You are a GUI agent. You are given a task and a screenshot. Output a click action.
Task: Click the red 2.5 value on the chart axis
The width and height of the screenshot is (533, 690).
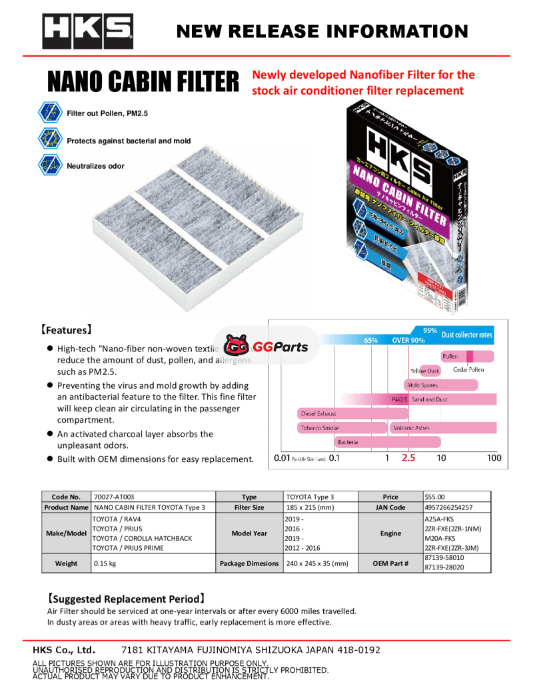408,458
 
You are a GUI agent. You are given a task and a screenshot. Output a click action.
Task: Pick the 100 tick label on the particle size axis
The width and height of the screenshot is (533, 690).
494,458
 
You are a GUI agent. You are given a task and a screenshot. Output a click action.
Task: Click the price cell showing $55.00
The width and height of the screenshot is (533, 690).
435,497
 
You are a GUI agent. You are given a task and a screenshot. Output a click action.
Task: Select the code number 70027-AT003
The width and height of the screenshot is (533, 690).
115,497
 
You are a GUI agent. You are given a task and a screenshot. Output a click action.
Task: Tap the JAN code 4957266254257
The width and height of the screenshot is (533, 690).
448,507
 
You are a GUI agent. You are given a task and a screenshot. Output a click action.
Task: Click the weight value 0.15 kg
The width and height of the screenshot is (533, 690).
105,563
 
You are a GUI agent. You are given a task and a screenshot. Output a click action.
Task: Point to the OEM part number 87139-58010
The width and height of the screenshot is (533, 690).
444,558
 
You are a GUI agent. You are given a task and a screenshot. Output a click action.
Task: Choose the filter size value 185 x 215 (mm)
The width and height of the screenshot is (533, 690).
310,507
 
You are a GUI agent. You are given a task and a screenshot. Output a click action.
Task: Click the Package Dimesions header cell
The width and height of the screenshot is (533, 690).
249,563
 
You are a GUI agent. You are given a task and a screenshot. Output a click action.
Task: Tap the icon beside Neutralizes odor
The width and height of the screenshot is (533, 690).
51,165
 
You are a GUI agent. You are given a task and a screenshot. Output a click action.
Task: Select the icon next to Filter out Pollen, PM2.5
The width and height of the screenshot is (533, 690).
51,113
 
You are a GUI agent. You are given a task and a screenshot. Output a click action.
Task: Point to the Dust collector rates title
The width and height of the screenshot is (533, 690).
467,335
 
